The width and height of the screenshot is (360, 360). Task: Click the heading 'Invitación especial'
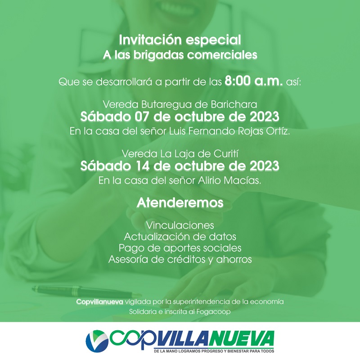[180, 40]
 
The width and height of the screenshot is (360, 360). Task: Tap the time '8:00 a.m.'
[254, 81]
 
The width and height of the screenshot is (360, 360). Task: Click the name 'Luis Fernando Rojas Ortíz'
[229, 131]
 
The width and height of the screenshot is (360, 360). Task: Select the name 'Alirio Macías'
[229, 181]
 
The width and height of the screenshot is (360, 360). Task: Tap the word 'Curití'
[226, 153]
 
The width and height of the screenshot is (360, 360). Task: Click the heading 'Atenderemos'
[180, 203]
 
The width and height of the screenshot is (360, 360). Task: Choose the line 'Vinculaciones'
[180, 225]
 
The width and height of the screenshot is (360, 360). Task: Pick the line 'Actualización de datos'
[180, 237]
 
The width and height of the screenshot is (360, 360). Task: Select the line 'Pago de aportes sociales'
[180, 248]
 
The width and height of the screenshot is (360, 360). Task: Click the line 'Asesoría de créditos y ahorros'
[180, 260]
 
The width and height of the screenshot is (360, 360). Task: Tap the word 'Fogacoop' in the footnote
[213, 312]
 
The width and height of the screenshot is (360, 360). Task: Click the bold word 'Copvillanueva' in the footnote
[99, 301]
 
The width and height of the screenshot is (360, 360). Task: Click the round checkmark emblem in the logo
[97, 341]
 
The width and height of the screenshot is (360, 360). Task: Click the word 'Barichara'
[234, 105]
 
